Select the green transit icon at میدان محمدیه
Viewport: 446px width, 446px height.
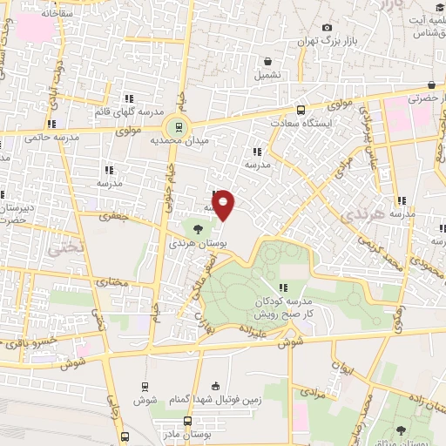[178, 126]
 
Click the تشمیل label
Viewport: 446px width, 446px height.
[268, 76]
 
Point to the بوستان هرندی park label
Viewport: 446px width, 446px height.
[198, 244]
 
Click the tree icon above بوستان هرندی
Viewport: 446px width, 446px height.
[199, 230]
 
